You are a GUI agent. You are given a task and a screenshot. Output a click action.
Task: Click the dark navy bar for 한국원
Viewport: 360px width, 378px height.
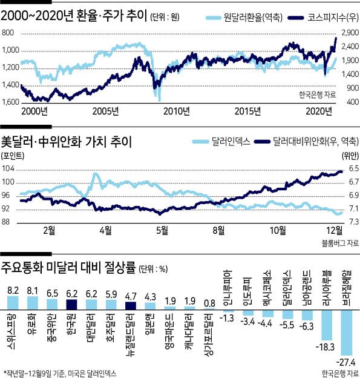click(x=71, y=305)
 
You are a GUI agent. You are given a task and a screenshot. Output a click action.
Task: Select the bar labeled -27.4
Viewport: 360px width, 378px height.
click(x=347, y=333)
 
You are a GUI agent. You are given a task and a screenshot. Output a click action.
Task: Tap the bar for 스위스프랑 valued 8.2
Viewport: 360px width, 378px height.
click(x=13, y=303)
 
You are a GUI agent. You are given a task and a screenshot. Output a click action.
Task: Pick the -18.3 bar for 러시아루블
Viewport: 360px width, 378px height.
click(x=327, y=325)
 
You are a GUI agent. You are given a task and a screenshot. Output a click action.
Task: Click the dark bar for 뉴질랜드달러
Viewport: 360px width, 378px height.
click(x=131, y=306)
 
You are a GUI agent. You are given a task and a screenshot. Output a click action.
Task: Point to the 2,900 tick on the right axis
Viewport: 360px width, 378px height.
click(x=350, y=33)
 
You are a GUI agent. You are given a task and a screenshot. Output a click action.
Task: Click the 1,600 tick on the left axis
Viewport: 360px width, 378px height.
click(x=10, y=102)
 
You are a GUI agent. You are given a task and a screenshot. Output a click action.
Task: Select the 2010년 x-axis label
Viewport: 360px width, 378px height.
click(x=177, y=111)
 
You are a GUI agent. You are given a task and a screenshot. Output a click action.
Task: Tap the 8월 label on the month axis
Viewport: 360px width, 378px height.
click(x=218, y=230)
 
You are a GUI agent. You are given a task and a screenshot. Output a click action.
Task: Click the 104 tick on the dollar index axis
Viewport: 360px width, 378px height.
click(x=8, y=168)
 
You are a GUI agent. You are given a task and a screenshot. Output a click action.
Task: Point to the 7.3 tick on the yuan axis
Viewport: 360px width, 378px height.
click(x=354, y=221)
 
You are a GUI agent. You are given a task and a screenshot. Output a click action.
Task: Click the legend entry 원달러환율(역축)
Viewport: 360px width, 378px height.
click(x=244, y=18)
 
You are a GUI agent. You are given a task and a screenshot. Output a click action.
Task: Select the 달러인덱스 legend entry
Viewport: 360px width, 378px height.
click(x=221, y=141)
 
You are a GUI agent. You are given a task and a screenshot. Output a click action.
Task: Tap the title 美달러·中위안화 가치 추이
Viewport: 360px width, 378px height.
click(x=67, y=142)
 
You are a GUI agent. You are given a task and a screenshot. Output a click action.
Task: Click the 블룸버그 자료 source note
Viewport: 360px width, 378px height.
click(x=340, y=243)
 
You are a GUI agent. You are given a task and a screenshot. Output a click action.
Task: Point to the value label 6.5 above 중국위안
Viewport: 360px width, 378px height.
click(x=52, y=293)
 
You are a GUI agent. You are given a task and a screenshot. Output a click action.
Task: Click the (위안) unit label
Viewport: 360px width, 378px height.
click(x=350, y=156)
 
